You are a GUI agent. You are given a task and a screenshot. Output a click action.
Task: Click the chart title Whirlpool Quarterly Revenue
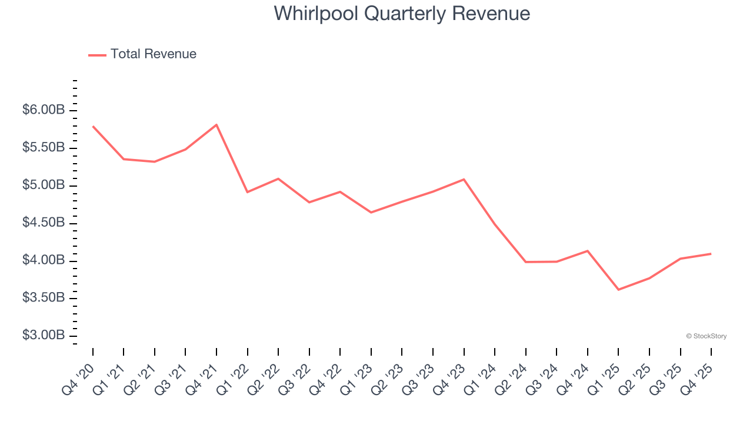click(402, 14)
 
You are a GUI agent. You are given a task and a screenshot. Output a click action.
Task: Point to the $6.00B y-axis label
click(44, 110)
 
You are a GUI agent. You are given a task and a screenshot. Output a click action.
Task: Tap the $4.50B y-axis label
click(44, 223)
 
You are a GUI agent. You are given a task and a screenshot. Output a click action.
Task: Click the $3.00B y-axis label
click(44, 336)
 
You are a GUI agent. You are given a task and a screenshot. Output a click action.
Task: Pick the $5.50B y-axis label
click(44, 148)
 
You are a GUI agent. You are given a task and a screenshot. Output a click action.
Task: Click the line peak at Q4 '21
click(216, 125)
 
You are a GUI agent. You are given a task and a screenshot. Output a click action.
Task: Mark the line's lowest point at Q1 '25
click(618, 290)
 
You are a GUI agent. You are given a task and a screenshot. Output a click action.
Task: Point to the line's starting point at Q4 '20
click(93, 126)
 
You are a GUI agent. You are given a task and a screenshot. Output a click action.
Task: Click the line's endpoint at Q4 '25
click(711, 254)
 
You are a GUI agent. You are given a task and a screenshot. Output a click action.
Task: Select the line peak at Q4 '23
click(464, 179)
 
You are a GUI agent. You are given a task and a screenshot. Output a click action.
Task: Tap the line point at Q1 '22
click(247, 192)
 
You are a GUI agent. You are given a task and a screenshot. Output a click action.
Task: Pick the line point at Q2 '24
click(525, 262)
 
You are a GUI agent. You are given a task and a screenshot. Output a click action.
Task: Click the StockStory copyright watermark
click(706, 336)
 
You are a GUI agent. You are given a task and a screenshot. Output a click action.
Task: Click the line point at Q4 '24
click(587, 251)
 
